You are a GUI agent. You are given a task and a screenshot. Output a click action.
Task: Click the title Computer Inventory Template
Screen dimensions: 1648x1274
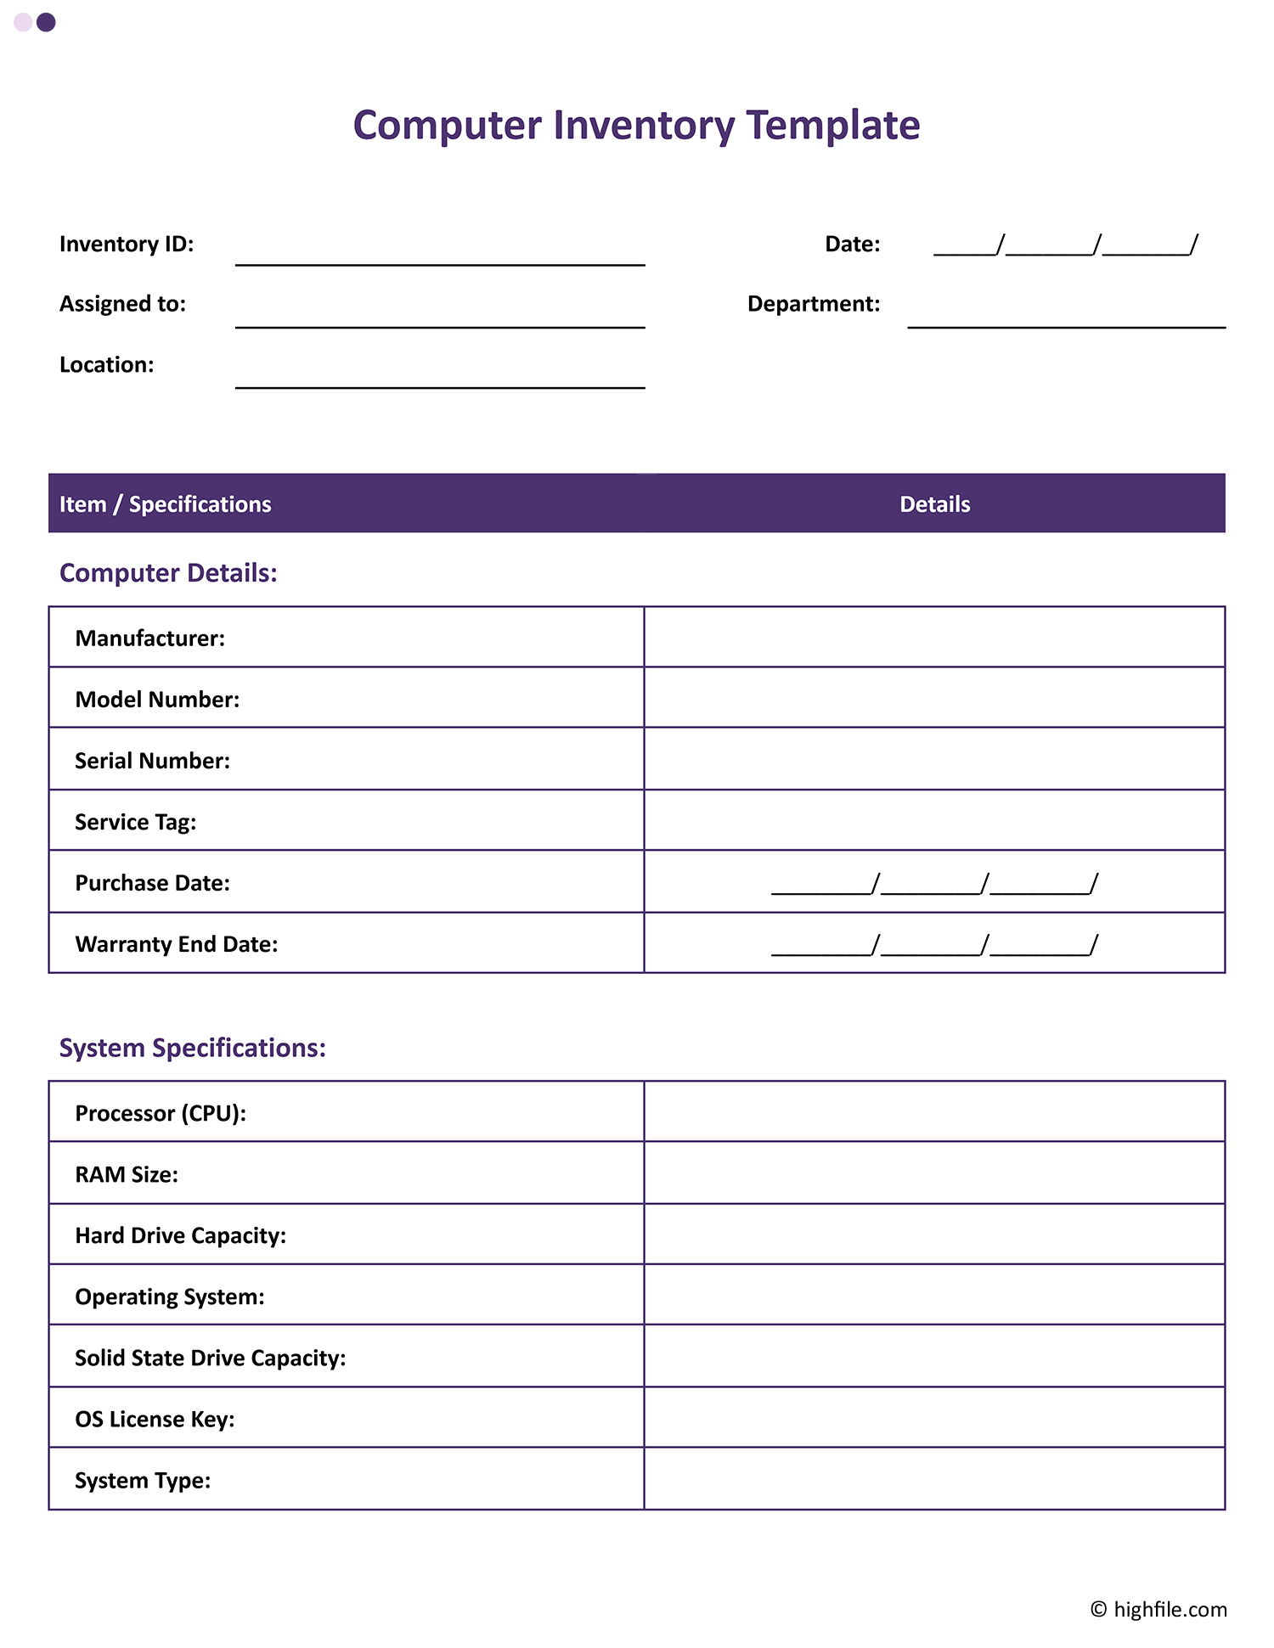click(636, 125)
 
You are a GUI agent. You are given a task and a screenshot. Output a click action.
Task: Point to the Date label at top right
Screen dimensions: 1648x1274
click(852, 245)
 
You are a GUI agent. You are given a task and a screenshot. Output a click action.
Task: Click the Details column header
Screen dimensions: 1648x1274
click(934, 504)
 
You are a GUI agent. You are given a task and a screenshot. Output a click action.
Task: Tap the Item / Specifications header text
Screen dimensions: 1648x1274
click(165, 504)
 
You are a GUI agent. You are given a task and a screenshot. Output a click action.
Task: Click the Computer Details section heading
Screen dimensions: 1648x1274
click(168, 573)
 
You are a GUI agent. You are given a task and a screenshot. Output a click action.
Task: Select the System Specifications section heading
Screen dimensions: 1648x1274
click(192, 1048)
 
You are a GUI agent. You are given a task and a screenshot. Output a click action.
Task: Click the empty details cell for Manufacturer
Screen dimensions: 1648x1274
click(934, 637)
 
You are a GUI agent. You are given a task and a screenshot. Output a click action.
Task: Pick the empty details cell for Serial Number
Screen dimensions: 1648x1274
click(934, 759)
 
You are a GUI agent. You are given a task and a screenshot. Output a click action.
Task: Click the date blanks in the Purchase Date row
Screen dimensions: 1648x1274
click(934, 883)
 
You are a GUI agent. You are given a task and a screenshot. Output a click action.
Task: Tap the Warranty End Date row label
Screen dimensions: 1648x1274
click(177, 944)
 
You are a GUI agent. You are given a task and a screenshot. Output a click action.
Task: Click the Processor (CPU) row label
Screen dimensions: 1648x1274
click(161, 1113)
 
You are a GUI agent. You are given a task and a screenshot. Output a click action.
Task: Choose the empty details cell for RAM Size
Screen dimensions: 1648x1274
click(934, 1173)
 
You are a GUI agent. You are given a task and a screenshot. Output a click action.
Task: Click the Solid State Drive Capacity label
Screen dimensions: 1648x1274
click(210, 1358)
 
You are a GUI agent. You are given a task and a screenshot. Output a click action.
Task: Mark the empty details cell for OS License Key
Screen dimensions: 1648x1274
click(934, 1418)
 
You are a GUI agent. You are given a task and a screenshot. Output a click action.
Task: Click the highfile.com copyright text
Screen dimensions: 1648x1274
click(1158, 1609)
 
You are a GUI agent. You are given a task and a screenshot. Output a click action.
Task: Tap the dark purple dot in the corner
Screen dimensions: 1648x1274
click(46, 22)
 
